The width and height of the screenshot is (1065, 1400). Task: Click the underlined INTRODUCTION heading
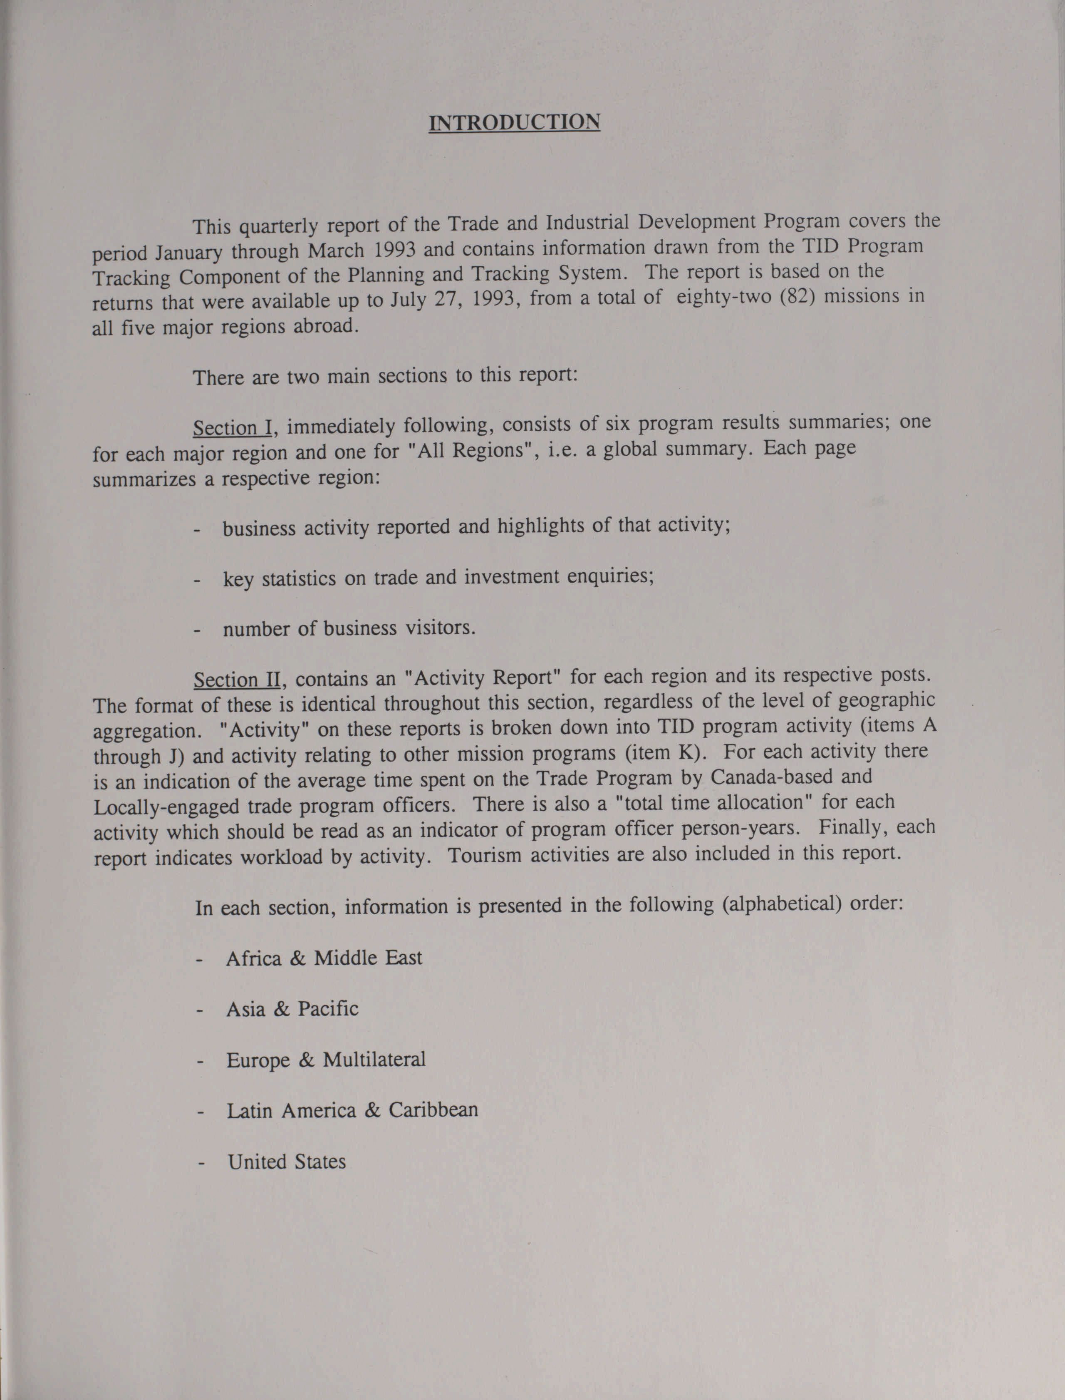[514, 122]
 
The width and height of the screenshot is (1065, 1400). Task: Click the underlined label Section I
[233, 428]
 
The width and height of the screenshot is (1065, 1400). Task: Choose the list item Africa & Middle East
[323, 958]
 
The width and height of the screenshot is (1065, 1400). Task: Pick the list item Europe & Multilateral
[326, 1060]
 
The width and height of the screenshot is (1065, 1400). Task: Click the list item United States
[287, 1162]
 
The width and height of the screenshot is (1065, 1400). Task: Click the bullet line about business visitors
[349, 628]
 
